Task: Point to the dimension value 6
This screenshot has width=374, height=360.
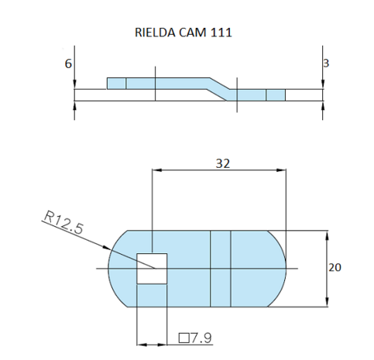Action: pyautogui.click(x=68, y=65)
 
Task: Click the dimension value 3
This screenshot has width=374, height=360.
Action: pyautogui.click(x=326, y=63)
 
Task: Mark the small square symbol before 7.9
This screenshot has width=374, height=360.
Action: pyautogui.click(x=184, y=338)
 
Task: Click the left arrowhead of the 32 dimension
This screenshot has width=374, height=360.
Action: pyautogui.click(x=157, y=172)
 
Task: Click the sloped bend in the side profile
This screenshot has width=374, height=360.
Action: pyautogui.click(x=219, y=87)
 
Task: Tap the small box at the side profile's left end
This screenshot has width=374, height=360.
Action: pyautogui.click(x=116, y=84)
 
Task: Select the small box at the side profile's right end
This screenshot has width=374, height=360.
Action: pyautogui.click(x=276, y=95)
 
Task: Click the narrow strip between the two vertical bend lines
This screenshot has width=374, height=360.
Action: pyautogui.click(x=221, y=268)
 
